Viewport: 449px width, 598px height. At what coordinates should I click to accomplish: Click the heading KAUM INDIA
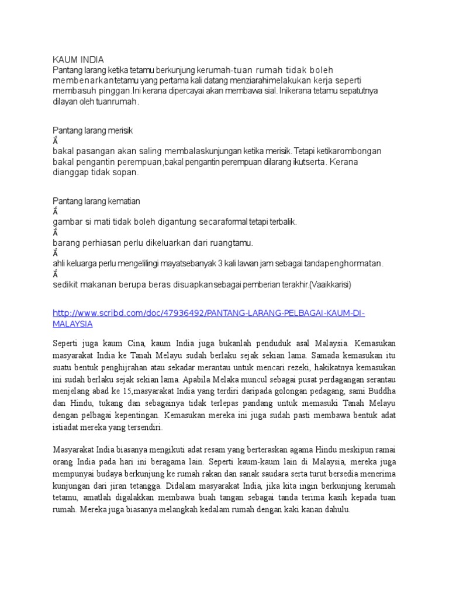click(78, 60)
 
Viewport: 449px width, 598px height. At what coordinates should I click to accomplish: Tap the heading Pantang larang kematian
click(96, 201)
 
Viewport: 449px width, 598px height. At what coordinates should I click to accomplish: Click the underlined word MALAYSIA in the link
click(72, 323)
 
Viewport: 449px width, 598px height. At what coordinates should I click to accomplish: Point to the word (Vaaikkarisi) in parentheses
click(331, 284)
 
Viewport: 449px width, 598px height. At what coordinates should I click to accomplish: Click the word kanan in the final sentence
click(302, 510)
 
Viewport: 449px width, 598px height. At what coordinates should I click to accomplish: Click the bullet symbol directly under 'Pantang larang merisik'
click(56, 141)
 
